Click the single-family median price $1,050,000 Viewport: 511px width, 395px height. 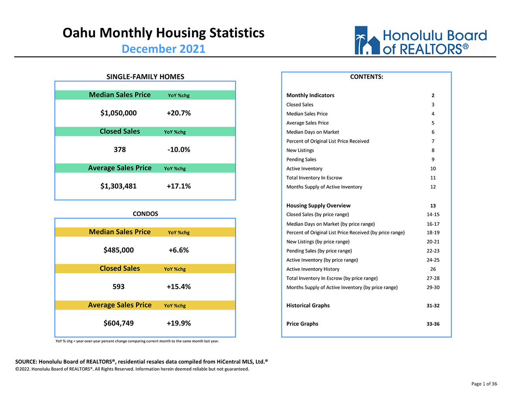[118, 113]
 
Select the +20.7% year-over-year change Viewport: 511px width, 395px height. [179, 113]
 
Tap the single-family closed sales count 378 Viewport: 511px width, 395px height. [120, 149]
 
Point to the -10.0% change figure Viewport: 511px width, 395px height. [179, 149]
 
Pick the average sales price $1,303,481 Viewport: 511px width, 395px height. [118, 186]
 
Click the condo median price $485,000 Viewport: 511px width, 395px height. [119, 250]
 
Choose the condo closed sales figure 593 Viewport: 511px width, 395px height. [119, 287]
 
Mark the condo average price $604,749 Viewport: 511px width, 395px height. [119, 323]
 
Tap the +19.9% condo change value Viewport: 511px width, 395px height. [179, 323]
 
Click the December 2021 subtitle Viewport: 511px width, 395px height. [164, 49]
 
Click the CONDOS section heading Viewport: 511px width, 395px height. [145, 214]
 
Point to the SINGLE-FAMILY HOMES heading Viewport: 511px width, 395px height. [145, 77]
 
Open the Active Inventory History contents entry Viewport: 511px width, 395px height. [313, 269]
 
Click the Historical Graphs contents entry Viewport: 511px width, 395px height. [308, 305]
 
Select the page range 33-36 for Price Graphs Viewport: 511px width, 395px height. [433, 324]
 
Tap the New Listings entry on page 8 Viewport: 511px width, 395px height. [300, 151]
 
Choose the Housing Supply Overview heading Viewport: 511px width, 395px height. [318, 206]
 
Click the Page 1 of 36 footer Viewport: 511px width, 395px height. [484, 384]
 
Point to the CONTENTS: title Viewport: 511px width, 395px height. [367, 77]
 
